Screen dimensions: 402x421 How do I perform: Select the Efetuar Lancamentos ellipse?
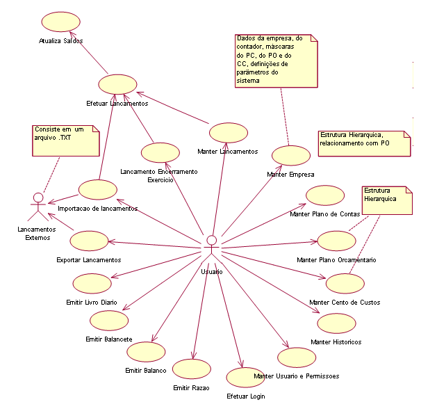117,85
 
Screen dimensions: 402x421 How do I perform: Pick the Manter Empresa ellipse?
290,156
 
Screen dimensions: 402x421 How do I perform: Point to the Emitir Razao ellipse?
192,369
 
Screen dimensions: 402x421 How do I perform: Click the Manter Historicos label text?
336,341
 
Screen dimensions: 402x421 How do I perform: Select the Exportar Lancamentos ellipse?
89,241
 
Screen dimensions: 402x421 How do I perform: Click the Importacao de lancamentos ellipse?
98,189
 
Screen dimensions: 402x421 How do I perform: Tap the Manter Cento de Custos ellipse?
345,284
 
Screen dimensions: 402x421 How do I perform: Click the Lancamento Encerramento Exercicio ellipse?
159,153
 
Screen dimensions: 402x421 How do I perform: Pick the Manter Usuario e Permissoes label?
297,376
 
